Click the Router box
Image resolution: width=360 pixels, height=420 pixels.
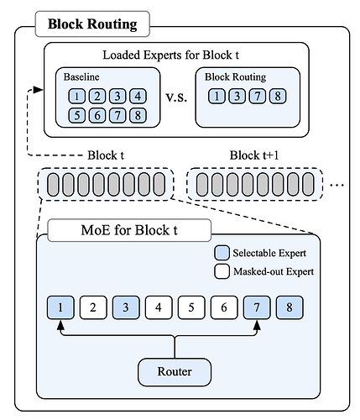[x=175, y=372]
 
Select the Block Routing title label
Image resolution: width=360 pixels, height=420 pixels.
[x=92, y=24]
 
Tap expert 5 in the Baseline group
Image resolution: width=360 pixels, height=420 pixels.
[x=77, y=115]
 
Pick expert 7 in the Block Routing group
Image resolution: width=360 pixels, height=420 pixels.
[x=258, y=97]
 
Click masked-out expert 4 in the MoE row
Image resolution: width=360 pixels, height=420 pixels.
[x=159, y=307]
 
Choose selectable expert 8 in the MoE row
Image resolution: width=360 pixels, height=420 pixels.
[x=290, y=307]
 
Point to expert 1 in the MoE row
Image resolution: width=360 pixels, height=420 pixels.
[x=60, y=307]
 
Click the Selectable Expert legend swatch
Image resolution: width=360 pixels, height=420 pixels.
[x=222, y=253]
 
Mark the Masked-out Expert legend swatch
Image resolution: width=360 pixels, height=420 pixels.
[x=222, y=271]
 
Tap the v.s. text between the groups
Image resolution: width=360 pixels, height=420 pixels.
[x=176, y=97]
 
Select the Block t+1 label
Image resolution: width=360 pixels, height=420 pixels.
[x=254, y=155]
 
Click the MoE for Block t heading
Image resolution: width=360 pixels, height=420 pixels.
[x=129, y=230]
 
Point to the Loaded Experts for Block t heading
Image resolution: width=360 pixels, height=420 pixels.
[x=170, y=55]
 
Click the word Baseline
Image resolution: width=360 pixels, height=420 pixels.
[x=81, y=76]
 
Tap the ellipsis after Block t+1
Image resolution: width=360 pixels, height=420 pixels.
[x=337, y=185]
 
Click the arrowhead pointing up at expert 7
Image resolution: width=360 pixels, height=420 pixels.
[x=257, y=325]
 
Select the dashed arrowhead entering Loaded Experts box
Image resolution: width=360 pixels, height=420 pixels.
[x=39, y=90]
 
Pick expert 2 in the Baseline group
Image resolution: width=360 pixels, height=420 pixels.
[x=97, y=97]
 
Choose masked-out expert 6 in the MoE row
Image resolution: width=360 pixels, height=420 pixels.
[x=224, y=307]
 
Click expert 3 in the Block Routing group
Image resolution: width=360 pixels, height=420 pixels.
[x=237, y=97]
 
